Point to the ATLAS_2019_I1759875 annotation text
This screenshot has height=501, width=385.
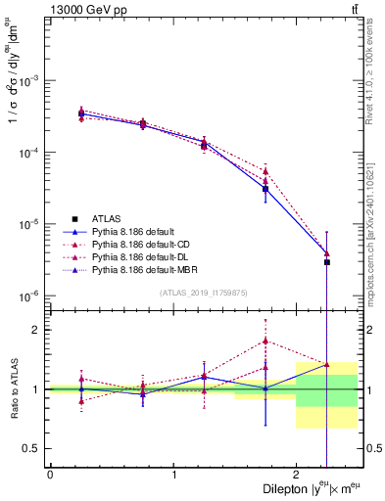coord(203,292)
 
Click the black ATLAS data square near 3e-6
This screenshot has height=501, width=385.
coord(327,262)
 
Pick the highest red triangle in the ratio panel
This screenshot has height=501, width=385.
coord(265,342)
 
